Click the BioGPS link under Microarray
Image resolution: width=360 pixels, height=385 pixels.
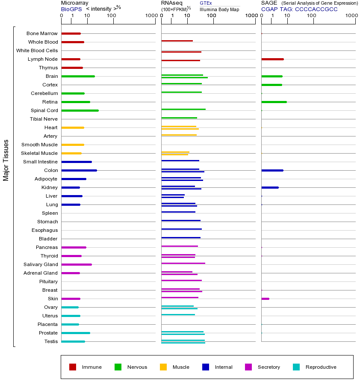[x=71, y=9]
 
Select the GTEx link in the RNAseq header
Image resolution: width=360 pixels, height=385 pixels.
[x=206, y=3]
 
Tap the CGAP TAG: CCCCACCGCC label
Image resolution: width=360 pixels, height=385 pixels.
[x=299, y=9]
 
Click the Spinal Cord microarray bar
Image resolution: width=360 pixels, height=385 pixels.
[x=80, y=110]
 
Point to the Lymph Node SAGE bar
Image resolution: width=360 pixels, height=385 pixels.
[x=272, y=59]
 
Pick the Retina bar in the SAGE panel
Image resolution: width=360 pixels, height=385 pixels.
[x=274, y=102]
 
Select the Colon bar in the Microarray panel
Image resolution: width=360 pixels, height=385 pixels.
[x=79, y=170]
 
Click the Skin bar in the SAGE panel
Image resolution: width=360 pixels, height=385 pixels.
[x=265, y=299]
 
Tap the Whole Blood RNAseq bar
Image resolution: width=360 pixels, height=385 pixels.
[x=177, y=41]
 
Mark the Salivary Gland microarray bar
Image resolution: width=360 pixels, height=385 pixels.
[x=77, y=264]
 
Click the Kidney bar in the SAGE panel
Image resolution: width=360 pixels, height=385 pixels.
[x=270, y=187]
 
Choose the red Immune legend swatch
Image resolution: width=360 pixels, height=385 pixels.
[x=73, y=367]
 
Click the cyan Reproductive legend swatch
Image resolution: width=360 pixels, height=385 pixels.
[x=296, y=367]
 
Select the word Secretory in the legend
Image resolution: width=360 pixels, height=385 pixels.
[x=269, y=367]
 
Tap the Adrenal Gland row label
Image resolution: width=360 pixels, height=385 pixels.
[x=41, y=273]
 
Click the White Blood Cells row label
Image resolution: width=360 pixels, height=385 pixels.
[x=37, y=50]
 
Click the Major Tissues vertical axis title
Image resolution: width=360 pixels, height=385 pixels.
[x=6, y=160]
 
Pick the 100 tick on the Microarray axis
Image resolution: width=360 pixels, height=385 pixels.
[x=111, y=16]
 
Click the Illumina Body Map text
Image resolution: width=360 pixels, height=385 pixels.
[x=219, y=9]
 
